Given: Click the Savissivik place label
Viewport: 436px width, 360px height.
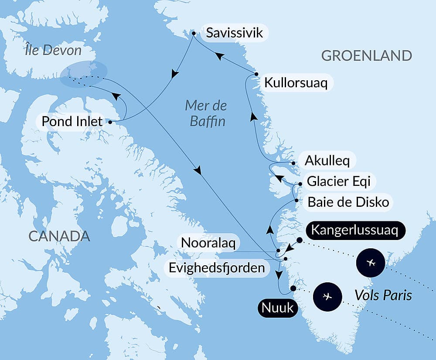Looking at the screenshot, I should pos(235,33).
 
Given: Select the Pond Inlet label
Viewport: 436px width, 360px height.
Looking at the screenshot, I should pos(72,121).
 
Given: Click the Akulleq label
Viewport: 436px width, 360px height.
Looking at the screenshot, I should pos(327,161).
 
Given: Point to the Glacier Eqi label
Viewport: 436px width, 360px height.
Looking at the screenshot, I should pos(338,181).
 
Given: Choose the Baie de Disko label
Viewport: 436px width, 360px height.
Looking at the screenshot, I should pos(348,202).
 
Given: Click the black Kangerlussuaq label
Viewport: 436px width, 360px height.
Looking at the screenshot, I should pos(356,230).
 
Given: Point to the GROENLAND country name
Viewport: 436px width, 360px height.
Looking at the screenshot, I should pos(366,56).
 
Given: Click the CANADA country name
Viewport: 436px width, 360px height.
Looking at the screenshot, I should pos(59,236).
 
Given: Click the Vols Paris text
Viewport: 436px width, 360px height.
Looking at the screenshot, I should pos(383,295).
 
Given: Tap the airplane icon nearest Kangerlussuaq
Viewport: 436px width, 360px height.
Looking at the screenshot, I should pos(371,263).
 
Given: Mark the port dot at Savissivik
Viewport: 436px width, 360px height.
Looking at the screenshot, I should pos(194,32).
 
